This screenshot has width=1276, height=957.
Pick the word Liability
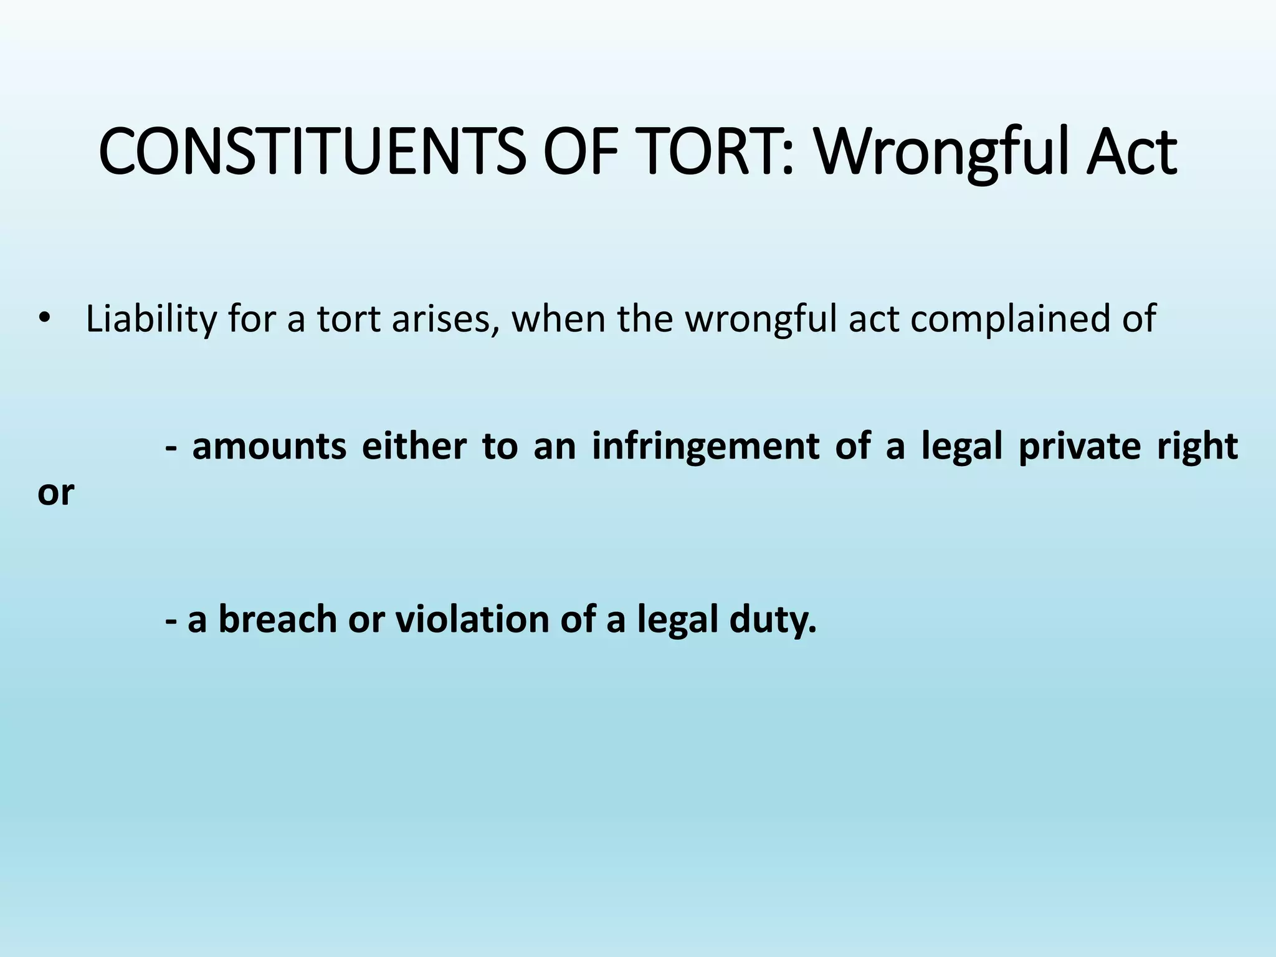pos(151,319)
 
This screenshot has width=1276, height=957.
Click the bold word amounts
pos(269,447)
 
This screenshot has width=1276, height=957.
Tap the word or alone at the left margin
pos(55,493)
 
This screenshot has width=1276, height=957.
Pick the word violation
pos(471,620)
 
